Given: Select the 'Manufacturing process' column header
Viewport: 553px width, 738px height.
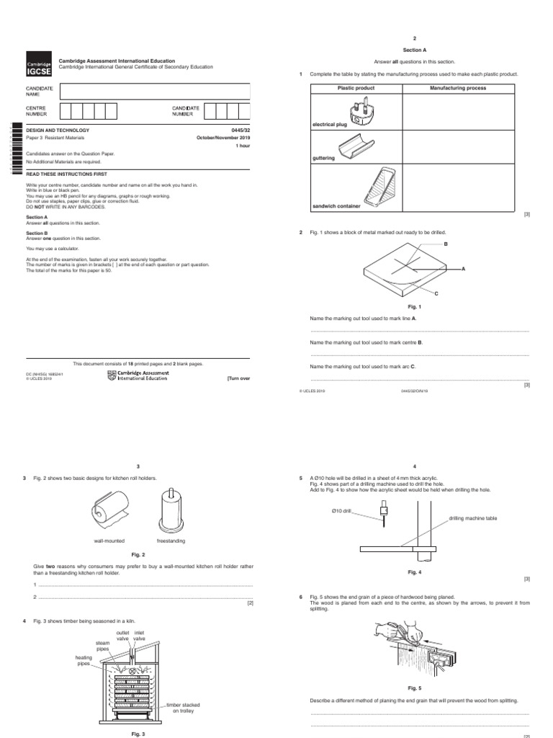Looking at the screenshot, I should click(458, 88).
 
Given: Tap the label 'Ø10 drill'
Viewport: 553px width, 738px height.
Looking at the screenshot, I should click(341, 511).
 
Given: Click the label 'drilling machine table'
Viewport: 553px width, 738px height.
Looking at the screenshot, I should click(472, 518).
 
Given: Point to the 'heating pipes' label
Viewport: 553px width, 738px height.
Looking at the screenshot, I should click(84, 660).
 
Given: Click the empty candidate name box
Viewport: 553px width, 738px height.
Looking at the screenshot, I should click(156, 91).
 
